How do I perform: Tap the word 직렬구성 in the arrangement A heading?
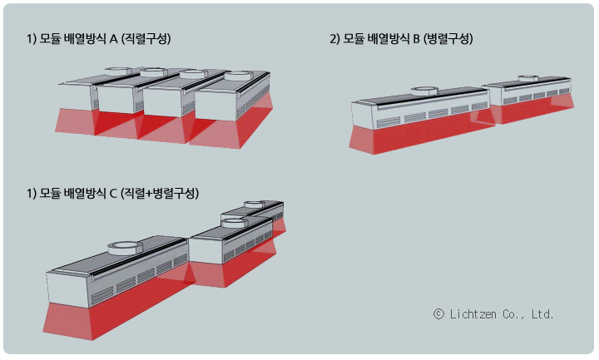point(152,38)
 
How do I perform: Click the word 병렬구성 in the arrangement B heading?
point(452,38)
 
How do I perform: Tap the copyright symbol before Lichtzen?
point(438,314)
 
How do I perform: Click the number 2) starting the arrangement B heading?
point(334,38)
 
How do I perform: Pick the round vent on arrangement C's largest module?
point(125,247)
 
